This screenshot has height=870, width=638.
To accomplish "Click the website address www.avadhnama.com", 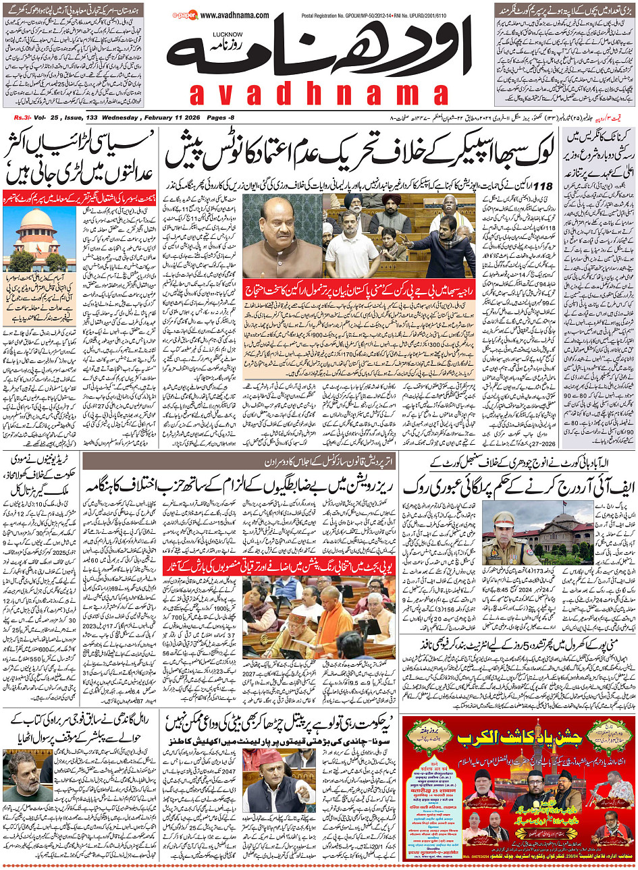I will tap(235, 15).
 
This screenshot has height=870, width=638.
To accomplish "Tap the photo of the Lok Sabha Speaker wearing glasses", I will tap(282, 237).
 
